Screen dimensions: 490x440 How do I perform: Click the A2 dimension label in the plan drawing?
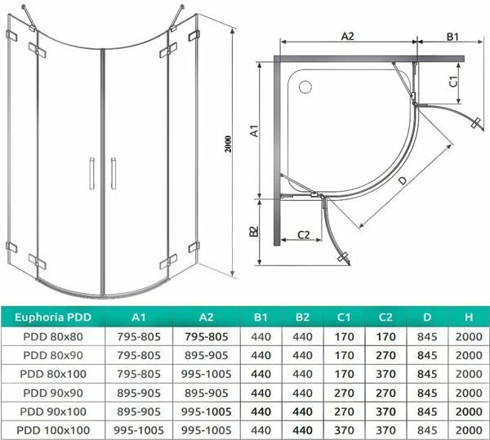pos(348,36)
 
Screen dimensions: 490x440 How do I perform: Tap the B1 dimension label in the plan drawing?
pos(452,37)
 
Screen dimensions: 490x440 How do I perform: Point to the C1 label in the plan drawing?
pos(453,82)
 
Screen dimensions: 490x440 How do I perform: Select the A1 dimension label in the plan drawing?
pos(255,131)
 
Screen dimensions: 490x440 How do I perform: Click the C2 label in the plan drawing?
pos(303,234)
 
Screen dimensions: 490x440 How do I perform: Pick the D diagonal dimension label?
pos(403,180)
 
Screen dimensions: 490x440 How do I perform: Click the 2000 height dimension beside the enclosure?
pos(229,144)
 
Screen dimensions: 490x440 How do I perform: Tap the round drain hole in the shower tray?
pos(305,87)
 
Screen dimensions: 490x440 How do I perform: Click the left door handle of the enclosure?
pos(91,173)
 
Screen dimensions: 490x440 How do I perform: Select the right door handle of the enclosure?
pos(114,173)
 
